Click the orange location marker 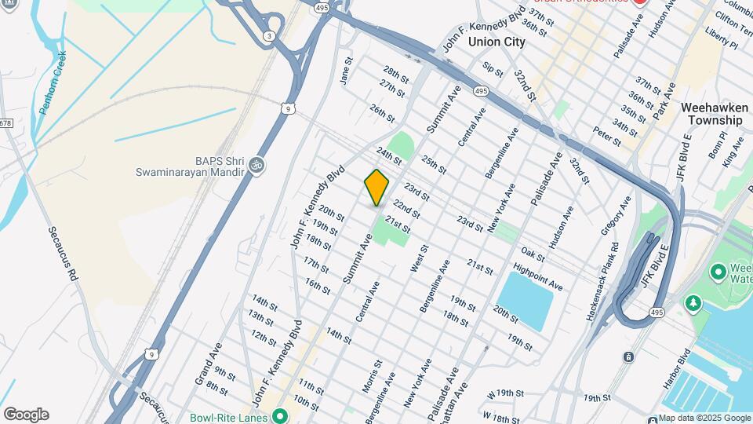[376, 187]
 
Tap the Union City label [497, 42]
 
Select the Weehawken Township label [711, 114]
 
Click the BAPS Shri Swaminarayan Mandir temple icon [256, 166]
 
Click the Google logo [26, 414]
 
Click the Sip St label [492, 70]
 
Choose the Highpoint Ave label [538, 276]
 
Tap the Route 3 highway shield [270, 36]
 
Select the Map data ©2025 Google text [704, 418]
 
